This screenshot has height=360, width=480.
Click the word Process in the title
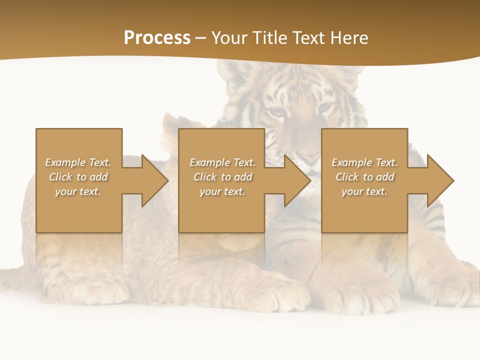point(157,38)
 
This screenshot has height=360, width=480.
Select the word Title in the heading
point(271,38)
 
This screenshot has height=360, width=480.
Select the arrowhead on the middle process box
point(297,180)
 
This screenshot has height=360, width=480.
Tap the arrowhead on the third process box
point(440,180)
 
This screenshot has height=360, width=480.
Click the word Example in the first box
point(65,162)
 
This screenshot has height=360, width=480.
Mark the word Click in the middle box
point(205,177)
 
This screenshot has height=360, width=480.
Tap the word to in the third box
point(368,177)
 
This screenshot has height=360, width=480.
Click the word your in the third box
point(352,191)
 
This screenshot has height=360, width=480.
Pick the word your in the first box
point(65,191)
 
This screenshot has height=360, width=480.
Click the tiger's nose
point(310,159)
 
